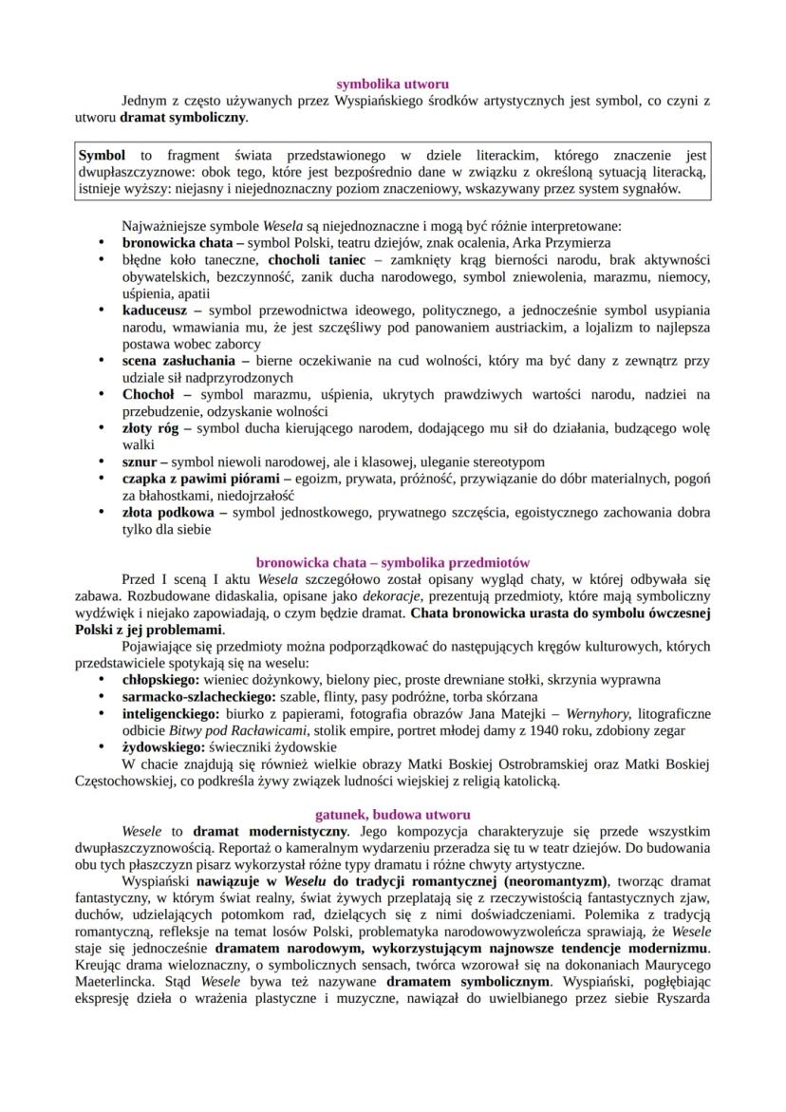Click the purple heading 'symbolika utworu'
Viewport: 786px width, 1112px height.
click(x=393, y=85)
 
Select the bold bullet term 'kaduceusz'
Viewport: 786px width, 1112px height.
click(x=157, y=311)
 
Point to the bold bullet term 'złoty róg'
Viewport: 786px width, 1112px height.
click(x=151, y=429)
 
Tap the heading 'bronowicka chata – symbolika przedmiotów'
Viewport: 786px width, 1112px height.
click(x=393, y=562)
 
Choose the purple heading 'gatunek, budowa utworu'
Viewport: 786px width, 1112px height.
click(x=392, y=814)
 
